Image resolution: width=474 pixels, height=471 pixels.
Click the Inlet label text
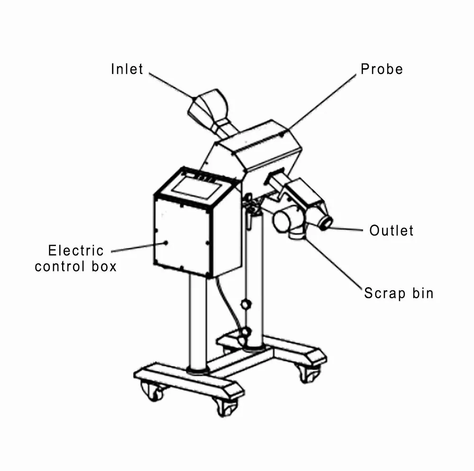pos(127,69)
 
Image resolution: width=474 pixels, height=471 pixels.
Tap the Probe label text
pos(382,69)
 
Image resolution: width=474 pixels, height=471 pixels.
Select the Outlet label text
pos(391,230)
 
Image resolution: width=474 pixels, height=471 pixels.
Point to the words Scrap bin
pos(399,293)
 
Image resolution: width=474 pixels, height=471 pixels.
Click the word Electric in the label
pos(76,251)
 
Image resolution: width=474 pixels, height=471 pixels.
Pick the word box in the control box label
pos(104,266)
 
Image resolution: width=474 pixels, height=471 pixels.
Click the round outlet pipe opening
pos(326,223)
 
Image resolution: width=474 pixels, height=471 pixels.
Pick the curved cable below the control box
pos(229,305)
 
